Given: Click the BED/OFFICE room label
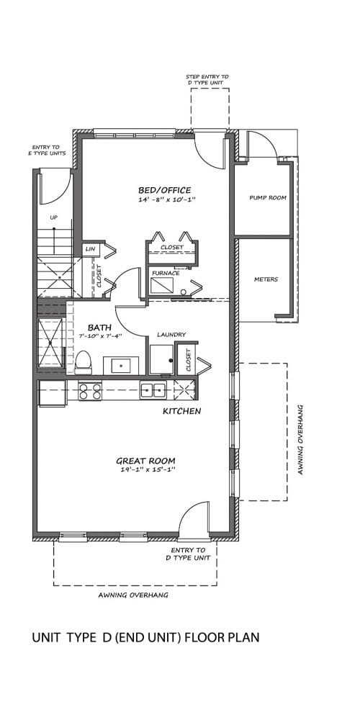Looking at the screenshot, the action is point(165,190).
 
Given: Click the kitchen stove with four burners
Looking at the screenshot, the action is point(90,391).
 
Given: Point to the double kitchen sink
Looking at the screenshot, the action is point(153,390).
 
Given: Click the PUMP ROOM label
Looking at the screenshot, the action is point(268,198).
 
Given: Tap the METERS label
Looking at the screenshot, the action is point(266,279).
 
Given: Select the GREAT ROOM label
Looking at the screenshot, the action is point(145,461).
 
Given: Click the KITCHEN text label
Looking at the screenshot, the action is point(182,411).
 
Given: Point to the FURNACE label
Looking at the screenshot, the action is point(166,273).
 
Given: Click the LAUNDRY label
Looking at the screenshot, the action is point(171,335).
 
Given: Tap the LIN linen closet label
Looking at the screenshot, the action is point(90,249).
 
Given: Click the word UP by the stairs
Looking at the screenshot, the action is point(54,217).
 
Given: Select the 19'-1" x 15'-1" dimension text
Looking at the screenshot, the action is point(145,470).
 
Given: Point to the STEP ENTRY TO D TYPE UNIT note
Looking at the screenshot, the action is point(207,79).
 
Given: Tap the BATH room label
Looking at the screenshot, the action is point(99,328).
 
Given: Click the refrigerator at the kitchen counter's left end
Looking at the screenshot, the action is point(53,393).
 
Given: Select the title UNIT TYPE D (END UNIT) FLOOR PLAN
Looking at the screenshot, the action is point(146,638).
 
